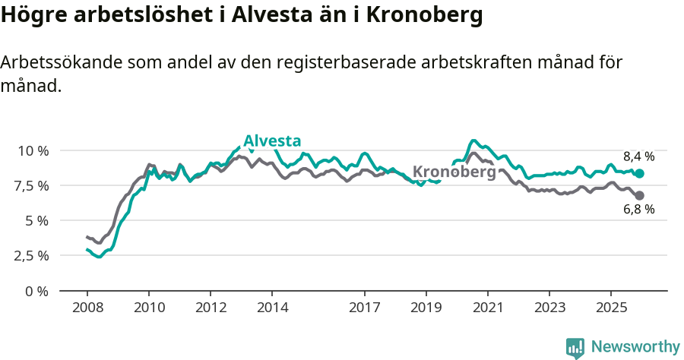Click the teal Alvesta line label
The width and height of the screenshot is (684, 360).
tap(272, 141)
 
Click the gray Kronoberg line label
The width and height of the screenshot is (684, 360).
tap(454, 172)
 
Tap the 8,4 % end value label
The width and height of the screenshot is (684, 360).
tap(638, 156)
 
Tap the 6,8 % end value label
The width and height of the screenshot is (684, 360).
tap(638, 210)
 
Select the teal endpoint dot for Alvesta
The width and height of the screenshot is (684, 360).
tap(639, 173)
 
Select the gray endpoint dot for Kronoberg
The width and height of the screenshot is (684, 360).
tap(639, 196)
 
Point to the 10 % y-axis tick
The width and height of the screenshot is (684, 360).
tap(33, 150)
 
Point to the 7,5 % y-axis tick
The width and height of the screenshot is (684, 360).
tap(32, 185)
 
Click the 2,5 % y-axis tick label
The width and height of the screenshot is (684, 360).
tap(32, 255)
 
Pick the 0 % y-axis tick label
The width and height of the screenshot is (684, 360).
tap(36, 290)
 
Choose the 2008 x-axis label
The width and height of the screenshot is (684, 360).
tap(87, 308)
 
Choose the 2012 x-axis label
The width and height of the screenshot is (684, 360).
tap(211, 308)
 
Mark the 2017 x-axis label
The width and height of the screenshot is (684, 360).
tap(364, 308)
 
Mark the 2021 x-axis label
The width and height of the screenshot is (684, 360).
tap(487, 308)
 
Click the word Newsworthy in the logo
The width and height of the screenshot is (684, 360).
tap(635, 347)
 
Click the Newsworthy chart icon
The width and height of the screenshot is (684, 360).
tap(575, 348)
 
